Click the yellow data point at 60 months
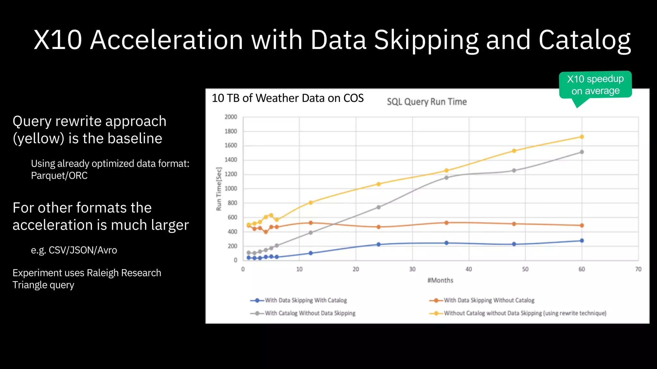click(x=582, y=137)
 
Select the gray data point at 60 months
click(x=582, y=152)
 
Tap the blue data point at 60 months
click(x=582, y=241)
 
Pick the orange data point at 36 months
click(x=446, y=223)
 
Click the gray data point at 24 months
click(x=379, y=207)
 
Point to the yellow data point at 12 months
click(x=311, y=202)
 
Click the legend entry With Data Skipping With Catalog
click(x=305, y=300)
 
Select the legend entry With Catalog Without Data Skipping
click(x=310, y=313)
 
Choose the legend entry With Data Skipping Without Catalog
click(x=489, y=300)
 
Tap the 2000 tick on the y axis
click(x=231, y=117)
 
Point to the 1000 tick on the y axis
click(x=231, y=189)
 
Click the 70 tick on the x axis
click(x=638, y=269)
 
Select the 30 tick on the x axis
click(x=412, y=269)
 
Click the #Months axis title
click(x=440, y=281)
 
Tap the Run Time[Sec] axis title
click(x=219, y=189)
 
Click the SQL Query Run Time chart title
click(x=427, y=102)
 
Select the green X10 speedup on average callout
click(x=595, y=85)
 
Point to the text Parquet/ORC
click(x=59, y=176)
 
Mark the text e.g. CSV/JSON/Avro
click(x=74, y=250)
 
